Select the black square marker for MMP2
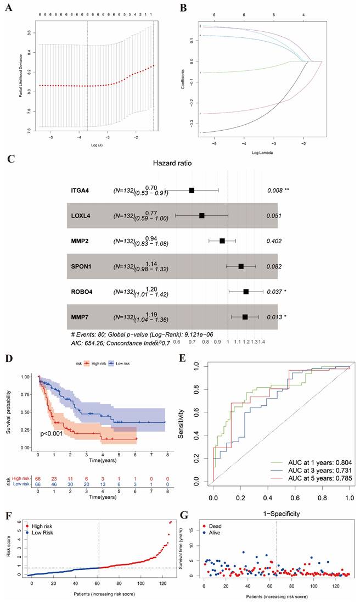tap(222, 241)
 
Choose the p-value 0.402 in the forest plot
tap(274, 241)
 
